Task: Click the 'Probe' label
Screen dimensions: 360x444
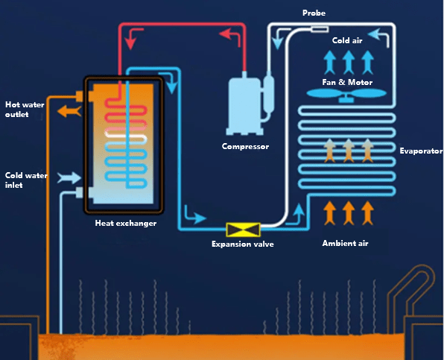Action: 314,13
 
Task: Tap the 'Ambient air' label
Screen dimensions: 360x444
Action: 345,244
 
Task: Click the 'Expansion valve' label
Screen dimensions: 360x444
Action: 242,244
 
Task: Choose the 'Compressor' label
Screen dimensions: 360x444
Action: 245,146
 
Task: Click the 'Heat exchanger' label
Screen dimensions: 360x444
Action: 126,223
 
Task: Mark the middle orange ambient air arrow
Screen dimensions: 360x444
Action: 348,213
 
